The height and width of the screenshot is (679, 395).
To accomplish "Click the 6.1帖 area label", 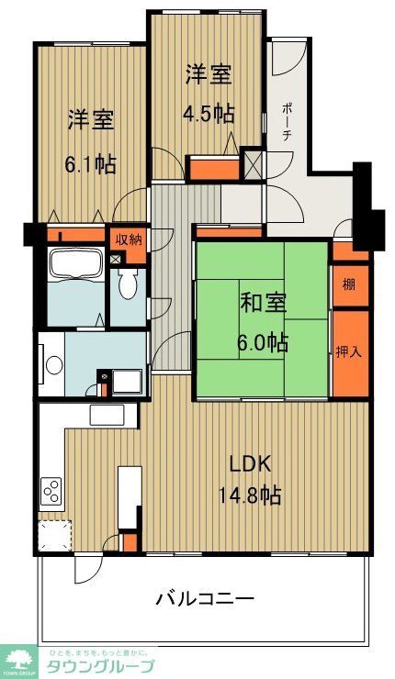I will coord(90,165).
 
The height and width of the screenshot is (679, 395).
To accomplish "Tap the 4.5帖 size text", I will coord(209,115).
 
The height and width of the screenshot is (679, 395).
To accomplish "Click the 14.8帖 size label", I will coord(249,495).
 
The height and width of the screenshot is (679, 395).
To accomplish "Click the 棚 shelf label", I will coord(349,284).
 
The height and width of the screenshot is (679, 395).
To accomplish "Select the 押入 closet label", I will coord(349,351).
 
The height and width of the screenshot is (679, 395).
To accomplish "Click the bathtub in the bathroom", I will coord(75,267).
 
